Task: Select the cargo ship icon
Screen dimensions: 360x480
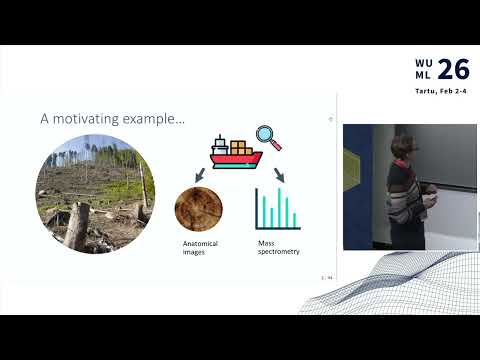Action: pyautogui.click(x=236, y=154)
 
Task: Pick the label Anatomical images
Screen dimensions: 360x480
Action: pyautogui.click(x=200, y=247)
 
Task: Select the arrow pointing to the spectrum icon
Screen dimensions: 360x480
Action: pyautogui.click(x=277, y=177)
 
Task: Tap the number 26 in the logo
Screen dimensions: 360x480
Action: pyautogui.click(x=453, y=69)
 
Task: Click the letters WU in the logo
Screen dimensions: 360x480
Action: pyautogui.click(x=424, y=62)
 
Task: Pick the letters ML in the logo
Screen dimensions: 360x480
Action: pyautogui.click(x=424, y=77)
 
